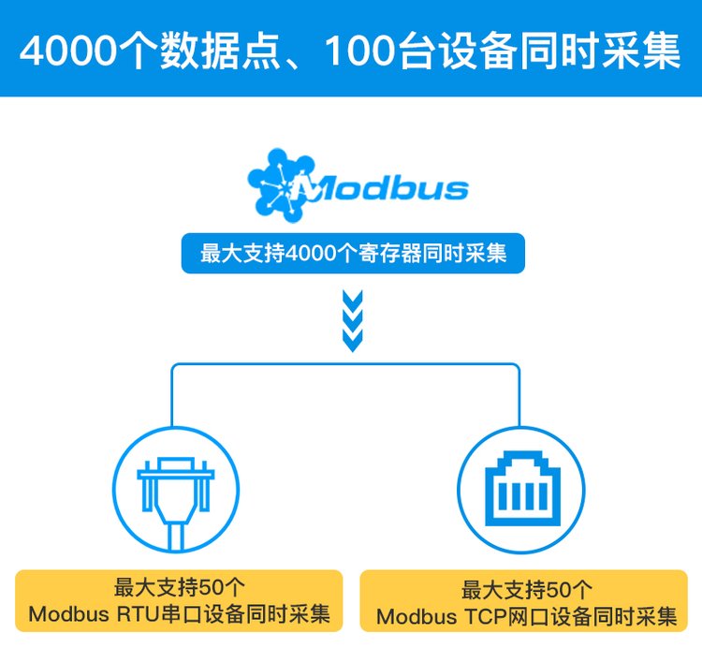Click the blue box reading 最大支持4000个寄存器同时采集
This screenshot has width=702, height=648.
point(353,253)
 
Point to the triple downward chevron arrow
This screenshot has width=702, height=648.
point(352,320)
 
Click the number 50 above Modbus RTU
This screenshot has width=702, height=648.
point(212,589)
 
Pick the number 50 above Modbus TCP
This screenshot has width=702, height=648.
point(560,591)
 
